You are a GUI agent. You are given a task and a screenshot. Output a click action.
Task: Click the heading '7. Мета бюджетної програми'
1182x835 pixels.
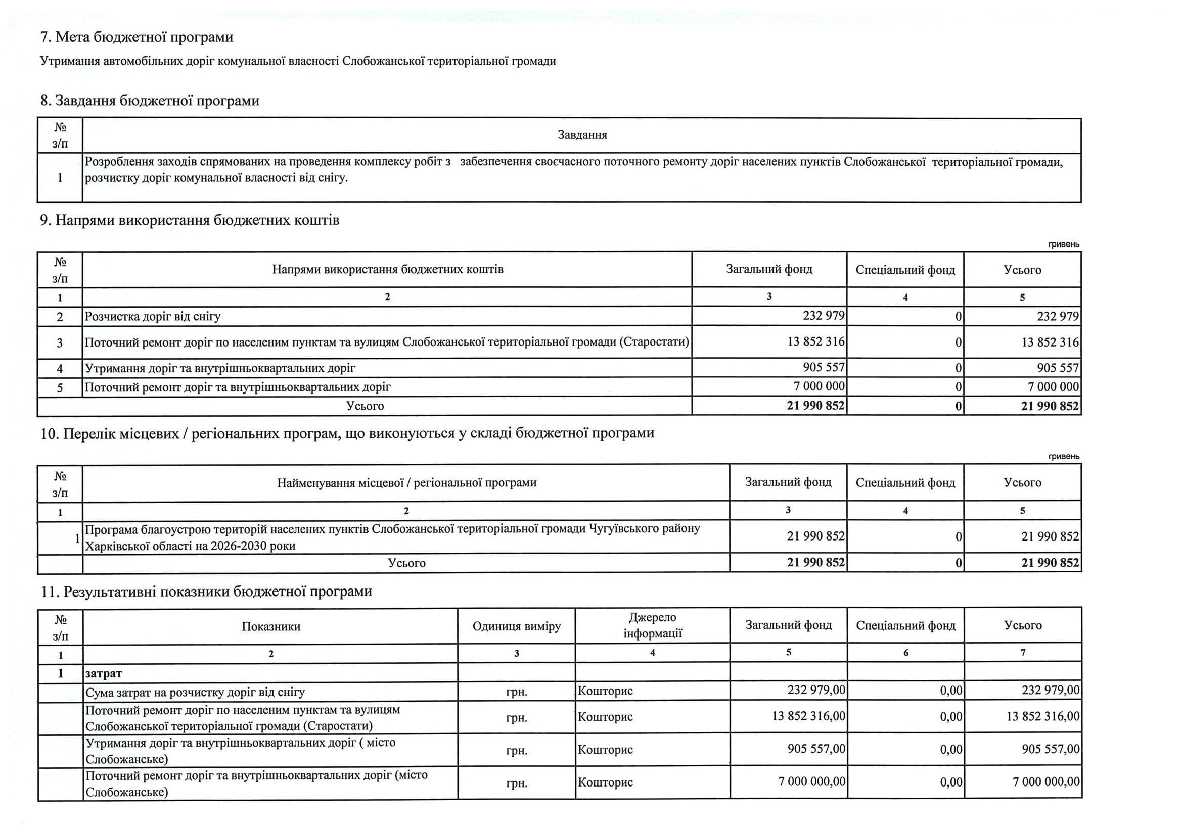[137, 37]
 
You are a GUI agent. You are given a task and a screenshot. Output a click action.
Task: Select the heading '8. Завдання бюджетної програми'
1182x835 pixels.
[150, 101]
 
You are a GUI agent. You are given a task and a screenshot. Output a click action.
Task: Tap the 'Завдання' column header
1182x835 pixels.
[582, 135]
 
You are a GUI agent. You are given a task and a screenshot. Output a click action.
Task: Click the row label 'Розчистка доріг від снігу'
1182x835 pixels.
[152, 316]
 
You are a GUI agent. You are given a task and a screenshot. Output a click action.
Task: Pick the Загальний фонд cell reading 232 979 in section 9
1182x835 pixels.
[823, 316]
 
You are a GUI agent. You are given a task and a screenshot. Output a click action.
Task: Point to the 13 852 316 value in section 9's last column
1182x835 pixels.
[1050, 342]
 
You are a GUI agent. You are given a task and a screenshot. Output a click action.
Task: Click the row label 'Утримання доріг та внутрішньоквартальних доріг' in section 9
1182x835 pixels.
[220, 368]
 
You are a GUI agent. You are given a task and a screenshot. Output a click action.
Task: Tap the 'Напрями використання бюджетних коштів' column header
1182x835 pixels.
[387, 270]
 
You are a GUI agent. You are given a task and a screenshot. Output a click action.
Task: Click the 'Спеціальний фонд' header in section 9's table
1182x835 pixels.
[905, 270]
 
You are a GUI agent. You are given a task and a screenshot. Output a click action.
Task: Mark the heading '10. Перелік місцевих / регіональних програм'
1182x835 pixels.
[347, 433]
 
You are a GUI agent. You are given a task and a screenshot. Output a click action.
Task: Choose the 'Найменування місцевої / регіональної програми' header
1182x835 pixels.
[406, 482]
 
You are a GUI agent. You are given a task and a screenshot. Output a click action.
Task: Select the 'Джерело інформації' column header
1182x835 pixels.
[652, 625]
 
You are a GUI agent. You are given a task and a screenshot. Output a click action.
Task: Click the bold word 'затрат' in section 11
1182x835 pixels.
[104, 673]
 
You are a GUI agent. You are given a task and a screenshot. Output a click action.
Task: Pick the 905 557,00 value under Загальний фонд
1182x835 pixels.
[816, 749]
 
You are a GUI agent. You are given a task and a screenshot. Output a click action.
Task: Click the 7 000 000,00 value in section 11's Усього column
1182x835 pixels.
[1045, 782]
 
